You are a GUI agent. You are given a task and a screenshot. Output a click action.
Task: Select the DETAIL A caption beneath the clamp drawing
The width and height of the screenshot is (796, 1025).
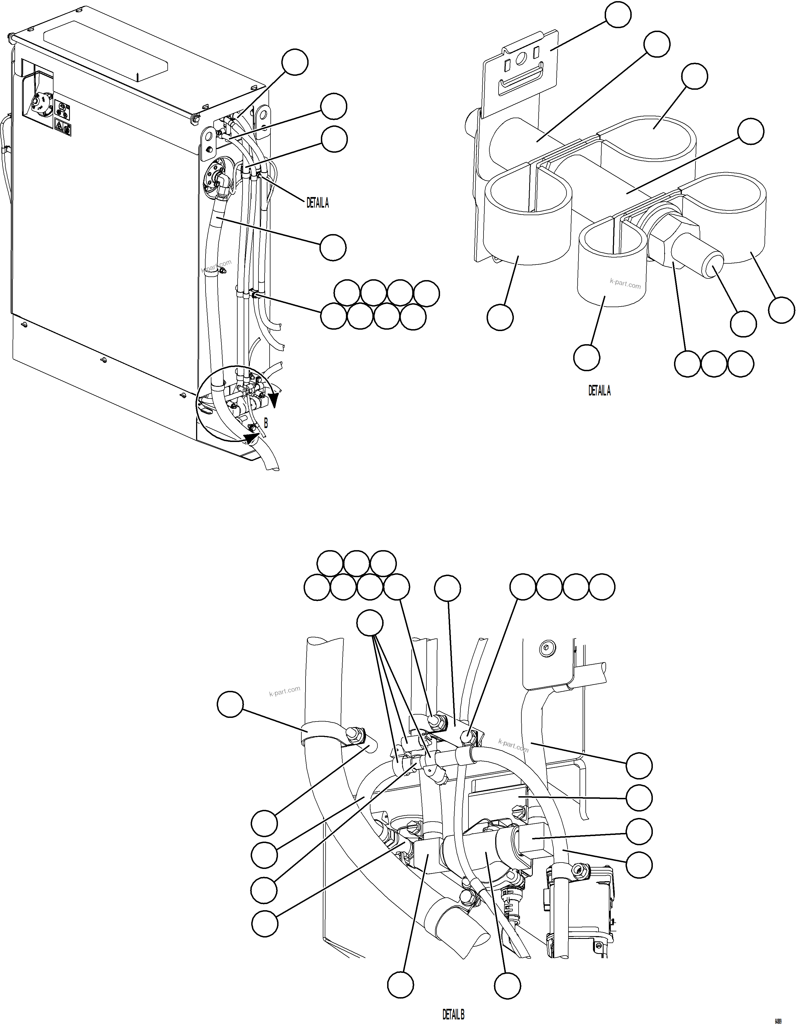click(x=599, y=390)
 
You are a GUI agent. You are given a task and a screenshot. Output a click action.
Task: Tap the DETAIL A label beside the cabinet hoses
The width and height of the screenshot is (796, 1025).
click(x=318, y=203)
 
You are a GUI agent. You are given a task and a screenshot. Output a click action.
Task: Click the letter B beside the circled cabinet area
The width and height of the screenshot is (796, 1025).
click(x=266, y=423)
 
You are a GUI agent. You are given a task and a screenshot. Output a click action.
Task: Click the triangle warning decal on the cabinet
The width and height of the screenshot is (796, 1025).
click(x=60, y=126)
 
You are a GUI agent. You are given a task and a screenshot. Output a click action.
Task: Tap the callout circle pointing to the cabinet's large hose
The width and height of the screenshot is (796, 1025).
click(x=333, y=247)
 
